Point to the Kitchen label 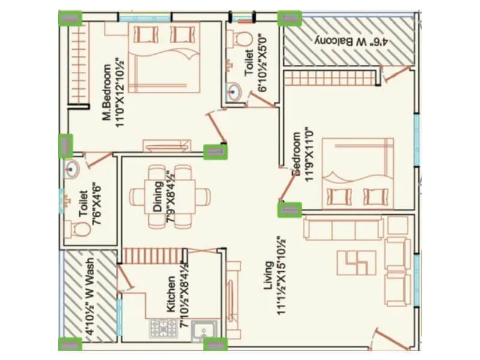click(171, 294)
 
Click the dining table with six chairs click(171, 196)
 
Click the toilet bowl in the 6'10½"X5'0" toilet click(242, 37)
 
